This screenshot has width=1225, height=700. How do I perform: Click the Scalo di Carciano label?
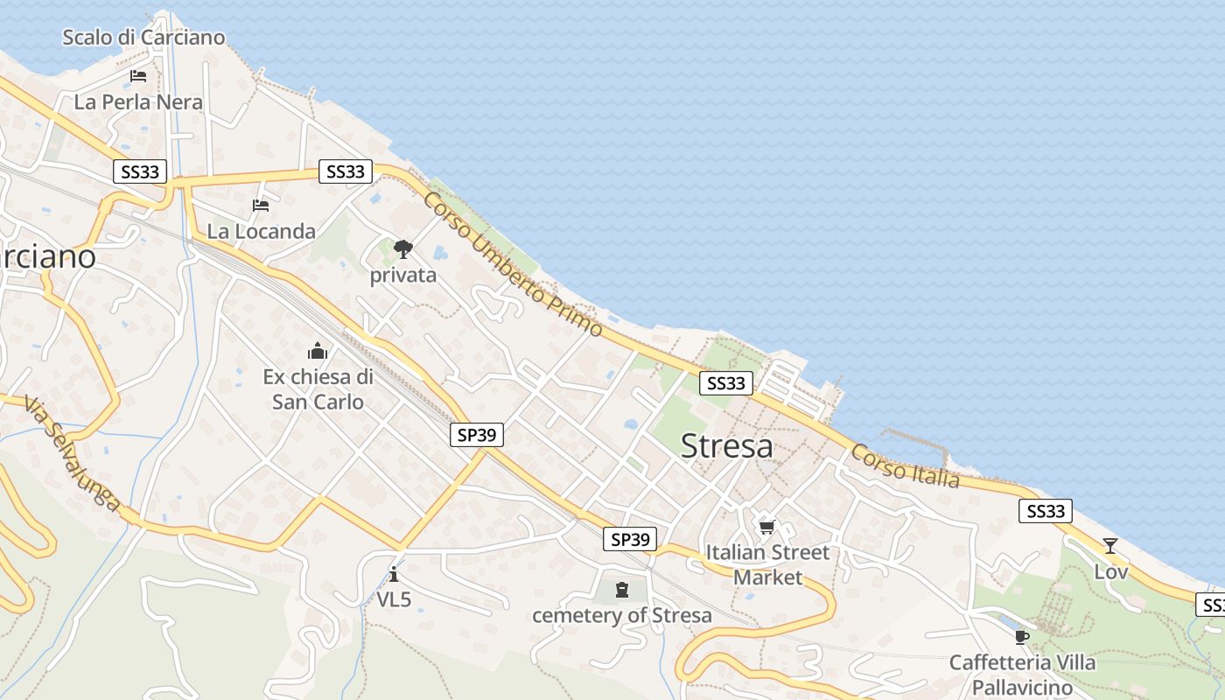click(x=143, y=38)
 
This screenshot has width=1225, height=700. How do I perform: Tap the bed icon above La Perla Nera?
click(x=138, y=76)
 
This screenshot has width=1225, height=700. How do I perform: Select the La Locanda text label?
click(x=261, y=232)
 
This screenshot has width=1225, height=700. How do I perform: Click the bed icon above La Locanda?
click(x=261, y=206)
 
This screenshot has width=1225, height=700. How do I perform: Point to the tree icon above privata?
click(x=402, y=249)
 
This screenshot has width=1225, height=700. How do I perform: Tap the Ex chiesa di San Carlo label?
click(x=318, y=389)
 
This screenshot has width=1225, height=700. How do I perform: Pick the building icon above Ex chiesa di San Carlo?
click(x=318, y=352)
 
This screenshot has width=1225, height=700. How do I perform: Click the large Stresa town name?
click(x=726, y=446)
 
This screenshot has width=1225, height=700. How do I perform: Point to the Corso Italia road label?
click(x=905, y=465)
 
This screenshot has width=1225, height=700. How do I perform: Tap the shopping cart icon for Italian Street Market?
click(x=767, y=527)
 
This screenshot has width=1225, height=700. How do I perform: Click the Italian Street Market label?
click(x=767, y=565)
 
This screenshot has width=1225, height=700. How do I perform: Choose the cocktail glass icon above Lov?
click(x=1110, y=546)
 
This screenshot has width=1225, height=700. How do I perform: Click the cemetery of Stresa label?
click(x=622, y=615)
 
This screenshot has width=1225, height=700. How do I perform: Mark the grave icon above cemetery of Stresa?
click(x=622, y=590)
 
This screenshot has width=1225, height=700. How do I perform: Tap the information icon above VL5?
click(x=394, y=574)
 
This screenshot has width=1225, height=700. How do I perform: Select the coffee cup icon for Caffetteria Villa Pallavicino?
click(x=1021, y=637)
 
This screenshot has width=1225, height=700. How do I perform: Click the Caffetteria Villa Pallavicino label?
click(x=1022, y=674)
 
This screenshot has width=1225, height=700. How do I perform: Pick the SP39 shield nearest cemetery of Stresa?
click(x=630, y=539)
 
